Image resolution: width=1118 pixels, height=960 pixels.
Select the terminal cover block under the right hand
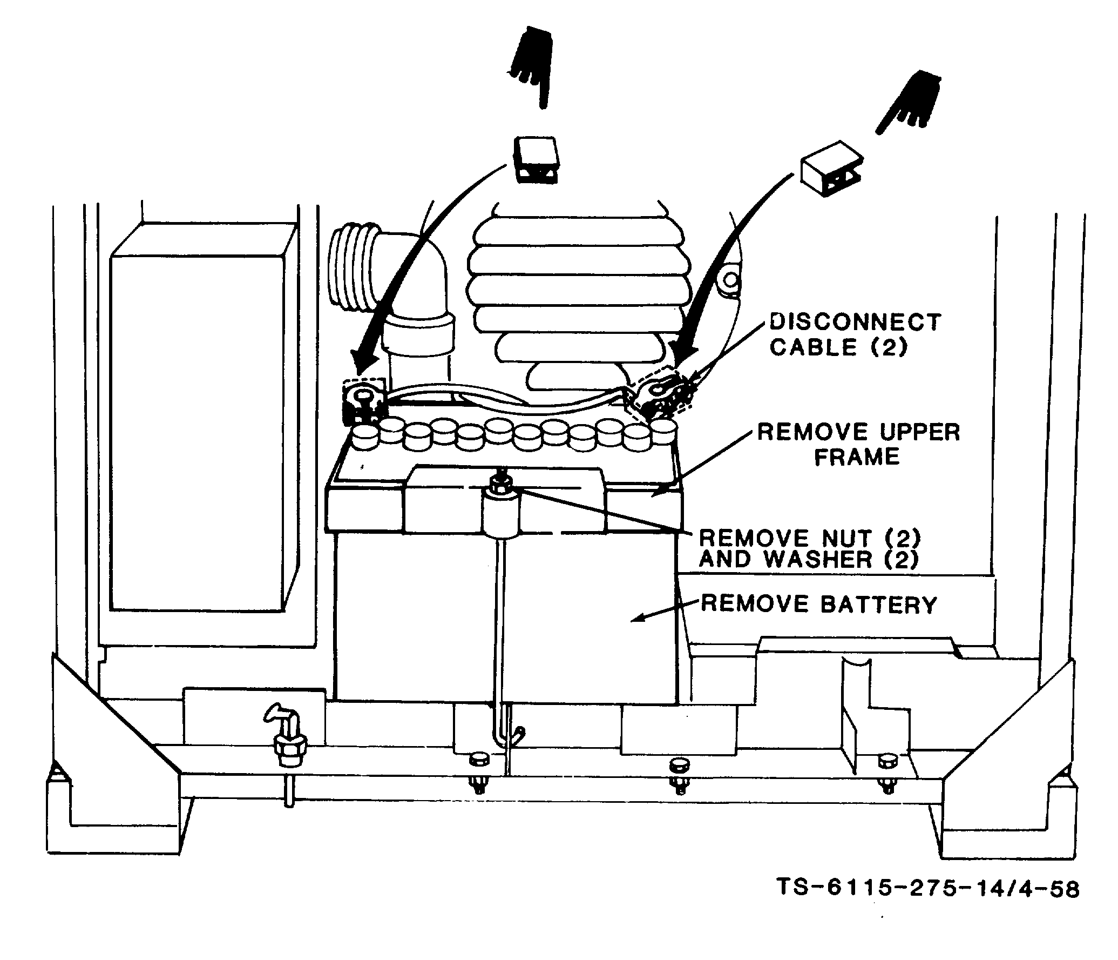[831, 169]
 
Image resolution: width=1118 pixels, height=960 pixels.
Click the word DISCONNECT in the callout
[855, 323]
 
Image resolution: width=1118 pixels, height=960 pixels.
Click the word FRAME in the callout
[857, 457]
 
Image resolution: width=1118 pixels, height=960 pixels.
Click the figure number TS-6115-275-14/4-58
[928, 888]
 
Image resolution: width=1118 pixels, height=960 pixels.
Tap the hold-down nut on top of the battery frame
[499, 483]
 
